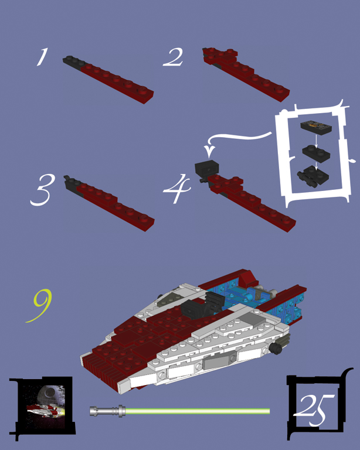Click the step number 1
tap(42, 57)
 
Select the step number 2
tap(173, 57)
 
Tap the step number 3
tap(42, 190)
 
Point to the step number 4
tap(177, 189)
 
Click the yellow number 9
tap(39, 305)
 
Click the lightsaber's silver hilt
tap(107, 411)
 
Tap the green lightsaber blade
tap(198, 411)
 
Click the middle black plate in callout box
tap(316, 154)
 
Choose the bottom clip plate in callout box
tap(313, 176)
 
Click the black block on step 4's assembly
tap(207, 168)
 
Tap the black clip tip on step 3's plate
tap(67, 178)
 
